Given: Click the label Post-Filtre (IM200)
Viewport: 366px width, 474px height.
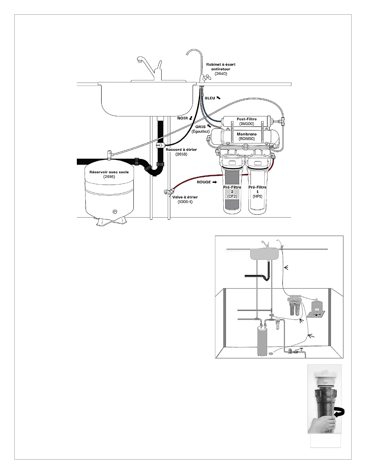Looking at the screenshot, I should pos(247,121).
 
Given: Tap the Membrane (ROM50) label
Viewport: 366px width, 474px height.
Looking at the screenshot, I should pos(247,136).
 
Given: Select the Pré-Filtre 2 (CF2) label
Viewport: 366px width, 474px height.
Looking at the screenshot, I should pos(232,192).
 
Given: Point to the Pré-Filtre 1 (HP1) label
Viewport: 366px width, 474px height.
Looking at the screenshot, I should pos(257,192).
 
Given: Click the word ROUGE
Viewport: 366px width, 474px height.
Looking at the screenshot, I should pos(204,182).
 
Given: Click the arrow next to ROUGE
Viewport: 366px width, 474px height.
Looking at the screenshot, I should pos(214,182).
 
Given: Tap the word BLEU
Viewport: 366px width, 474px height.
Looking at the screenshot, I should pos(210,98).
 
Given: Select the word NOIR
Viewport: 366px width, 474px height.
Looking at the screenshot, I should pos(182,118).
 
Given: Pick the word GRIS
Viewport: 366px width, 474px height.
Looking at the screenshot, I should pos(200,127).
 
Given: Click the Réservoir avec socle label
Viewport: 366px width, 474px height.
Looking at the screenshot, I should pos(109,174).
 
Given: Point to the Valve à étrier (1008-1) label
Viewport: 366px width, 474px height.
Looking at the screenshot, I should pos(185,199).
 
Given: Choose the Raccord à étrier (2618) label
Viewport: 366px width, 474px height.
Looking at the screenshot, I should pos(181,152).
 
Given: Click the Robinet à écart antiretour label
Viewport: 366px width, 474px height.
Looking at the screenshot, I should pos(221,69).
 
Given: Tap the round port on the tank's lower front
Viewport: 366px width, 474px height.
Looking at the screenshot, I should pos(115,212).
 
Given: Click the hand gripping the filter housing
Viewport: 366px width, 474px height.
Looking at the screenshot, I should pos(323,425).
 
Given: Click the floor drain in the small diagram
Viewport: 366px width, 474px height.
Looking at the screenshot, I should pos(271,354).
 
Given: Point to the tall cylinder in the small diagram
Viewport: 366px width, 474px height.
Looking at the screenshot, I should pos(262,341).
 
